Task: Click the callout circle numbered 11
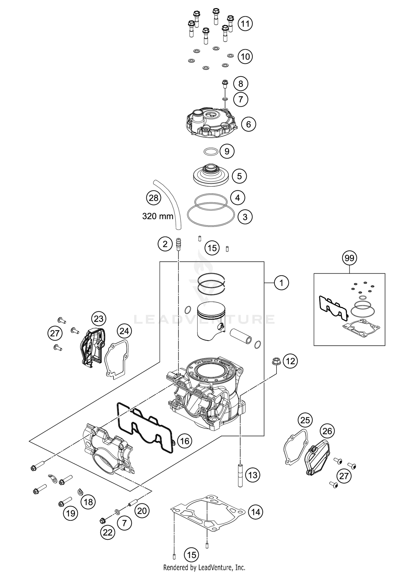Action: (245, 24)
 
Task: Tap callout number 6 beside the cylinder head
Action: (248, 124)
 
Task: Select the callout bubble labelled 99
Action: (349, 258)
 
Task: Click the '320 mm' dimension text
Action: (158, 217)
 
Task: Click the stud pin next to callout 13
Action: (240, 475)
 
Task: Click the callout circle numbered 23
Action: (99, 318)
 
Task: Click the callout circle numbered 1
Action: (281, 283)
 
